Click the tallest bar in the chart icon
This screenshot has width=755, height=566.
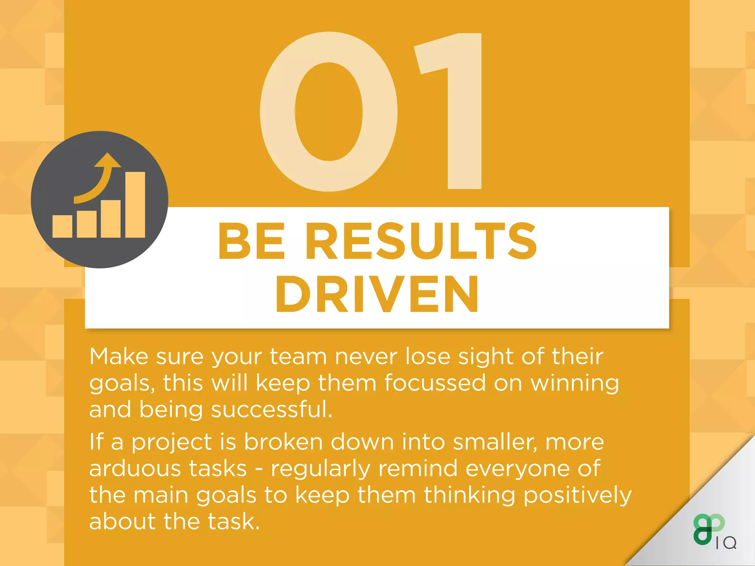(135, 205)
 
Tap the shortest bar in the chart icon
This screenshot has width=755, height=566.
(62, 226)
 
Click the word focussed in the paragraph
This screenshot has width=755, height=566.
(435, 383)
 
